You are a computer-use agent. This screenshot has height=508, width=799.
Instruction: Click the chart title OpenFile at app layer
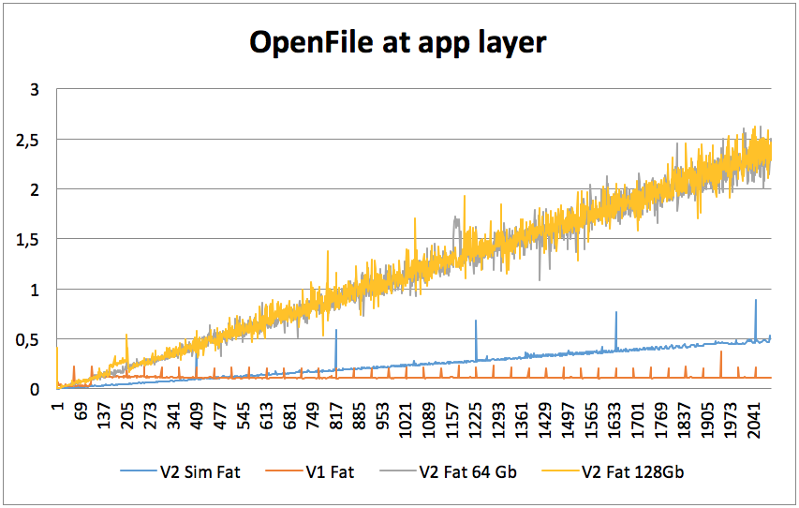[x=397, y=42]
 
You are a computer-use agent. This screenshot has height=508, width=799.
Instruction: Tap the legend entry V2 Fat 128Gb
[x=632, y=471]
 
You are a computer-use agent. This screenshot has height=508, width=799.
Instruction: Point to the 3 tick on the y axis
[x=36, y=90]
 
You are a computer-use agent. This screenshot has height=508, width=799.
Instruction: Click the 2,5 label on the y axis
[x=30, y=140]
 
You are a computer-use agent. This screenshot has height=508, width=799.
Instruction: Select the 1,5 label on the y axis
[x=30, y=240]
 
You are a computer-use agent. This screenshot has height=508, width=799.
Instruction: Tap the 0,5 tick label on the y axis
[x=30, y=339]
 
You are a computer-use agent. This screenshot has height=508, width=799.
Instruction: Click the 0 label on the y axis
[x=36, y=389]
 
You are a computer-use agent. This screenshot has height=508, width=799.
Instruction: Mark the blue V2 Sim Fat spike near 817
[x=335, y=331]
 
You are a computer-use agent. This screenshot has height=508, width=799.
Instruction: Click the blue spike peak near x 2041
[x=755, y=301]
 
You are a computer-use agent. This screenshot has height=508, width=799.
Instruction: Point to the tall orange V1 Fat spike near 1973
[x=721, y=352]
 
